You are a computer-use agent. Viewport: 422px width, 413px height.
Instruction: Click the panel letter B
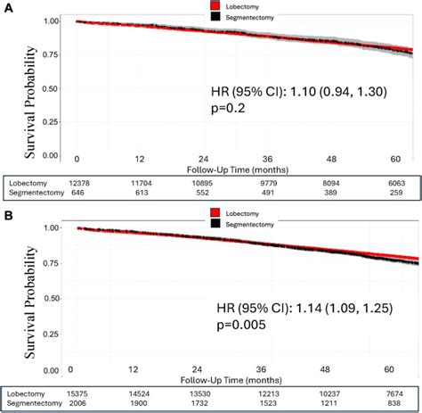point(7,215)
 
